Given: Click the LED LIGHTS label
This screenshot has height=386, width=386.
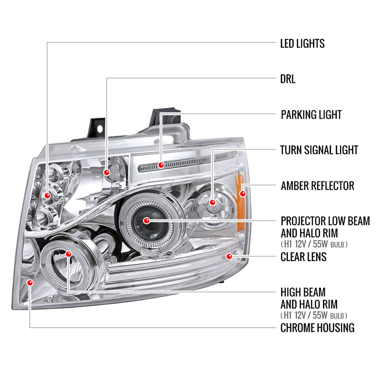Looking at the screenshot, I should point(302,43).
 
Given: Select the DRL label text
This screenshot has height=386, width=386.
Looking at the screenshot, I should point(287,79).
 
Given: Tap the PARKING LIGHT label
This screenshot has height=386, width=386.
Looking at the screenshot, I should point(311,115).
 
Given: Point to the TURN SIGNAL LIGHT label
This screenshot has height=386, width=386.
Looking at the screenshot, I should point(319,150).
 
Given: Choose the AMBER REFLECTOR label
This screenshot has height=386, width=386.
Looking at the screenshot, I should point(317,186).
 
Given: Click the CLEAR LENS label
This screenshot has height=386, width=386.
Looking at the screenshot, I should point(303,257).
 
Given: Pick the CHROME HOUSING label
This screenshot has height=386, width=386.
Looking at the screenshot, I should point(317,328).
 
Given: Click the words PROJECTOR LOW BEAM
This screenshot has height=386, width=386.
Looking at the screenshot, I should point(325,221).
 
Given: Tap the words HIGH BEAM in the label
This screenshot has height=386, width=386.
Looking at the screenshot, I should point(303,292).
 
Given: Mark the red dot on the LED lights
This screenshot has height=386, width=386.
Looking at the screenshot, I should point(47,196).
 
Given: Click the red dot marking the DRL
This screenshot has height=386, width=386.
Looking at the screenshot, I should point(107,172).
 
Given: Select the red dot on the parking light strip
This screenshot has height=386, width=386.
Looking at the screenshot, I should point(161,165).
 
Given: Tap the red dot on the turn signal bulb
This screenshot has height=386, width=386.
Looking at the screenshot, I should point(213,202).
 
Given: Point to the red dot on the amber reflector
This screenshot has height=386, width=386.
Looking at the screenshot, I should point(242,194).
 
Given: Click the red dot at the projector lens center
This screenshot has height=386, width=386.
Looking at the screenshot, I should point(147,221).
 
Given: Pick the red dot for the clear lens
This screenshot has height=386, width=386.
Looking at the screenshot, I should point(229,256).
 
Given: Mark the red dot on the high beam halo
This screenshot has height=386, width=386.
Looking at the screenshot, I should point(68,254).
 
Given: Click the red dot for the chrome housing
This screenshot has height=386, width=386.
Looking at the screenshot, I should point(30,283).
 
